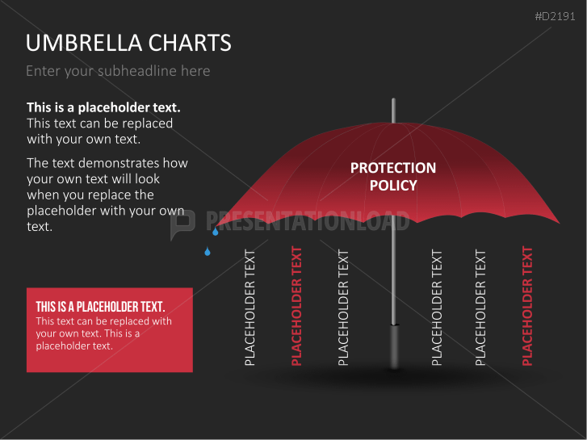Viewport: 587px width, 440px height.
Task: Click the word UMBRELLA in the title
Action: tap(76, 43)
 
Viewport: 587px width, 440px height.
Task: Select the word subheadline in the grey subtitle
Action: tap(137, 71)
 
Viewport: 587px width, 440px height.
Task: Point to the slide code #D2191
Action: tap(557, 16)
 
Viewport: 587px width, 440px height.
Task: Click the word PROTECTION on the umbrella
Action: tap(393, 168)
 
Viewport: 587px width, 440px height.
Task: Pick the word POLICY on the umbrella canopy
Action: tap(393, 186)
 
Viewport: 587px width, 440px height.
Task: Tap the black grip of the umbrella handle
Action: tap(394, 346)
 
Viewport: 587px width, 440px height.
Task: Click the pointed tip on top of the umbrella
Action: tap(394, 108)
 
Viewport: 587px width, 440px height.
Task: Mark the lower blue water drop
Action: tap(208, 252)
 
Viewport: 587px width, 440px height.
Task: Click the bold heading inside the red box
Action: tap(100, 307)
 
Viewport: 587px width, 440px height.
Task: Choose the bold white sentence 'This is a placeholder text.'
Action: tap(103, 107)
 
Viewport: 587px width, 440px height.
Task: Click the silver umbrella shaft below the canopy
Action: tap(394, 274)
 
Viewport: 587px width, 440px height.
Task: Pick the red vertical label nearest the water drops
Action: tap(296, 307)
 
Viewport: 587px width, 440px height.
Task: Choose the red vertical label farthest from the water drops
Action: tap(527, 307)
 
